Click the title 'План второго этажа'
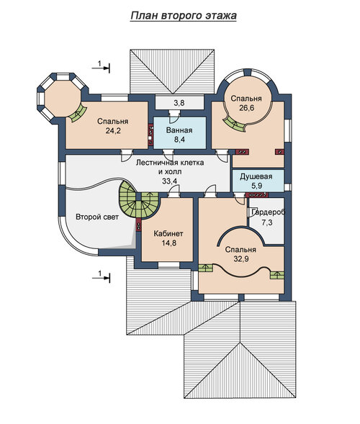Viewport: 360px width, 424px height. [x=184, y=16]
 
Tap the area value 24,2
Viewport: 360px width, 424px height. [x=113, y=131]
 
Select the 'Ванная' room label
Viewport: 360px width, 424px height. [x=179, y=130]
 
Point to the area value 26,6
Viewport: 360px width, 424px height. [x=246, y=108]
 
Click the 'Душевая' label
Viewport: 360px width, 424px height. [x=256, y=177]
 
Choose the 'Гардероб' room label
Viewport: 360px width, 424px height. [x=269, y=212]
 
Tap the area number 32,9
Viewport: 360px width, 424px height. [x=241, y=258]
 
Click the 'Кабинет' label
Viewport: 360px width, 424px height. [x=168, y=233]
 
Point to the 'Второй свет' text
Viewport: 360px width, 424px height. [x=97, y=217]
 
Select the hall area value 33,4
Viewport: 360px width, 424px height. [x=170, y=181]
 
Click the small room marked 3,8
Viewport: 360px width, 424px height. [x=179, y=103]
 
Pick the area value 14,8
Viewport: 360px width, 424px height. [x=169, y=243]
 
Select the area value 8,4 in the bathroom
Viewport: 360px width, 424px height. [x=179, y=140]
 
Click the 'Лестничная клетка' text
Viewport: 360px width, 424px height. [x=170, y=163]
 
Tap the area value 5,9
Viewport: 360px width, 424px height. [x=256, y=186]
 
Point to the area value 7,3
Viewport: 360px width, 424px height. [x=267, y=222]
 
